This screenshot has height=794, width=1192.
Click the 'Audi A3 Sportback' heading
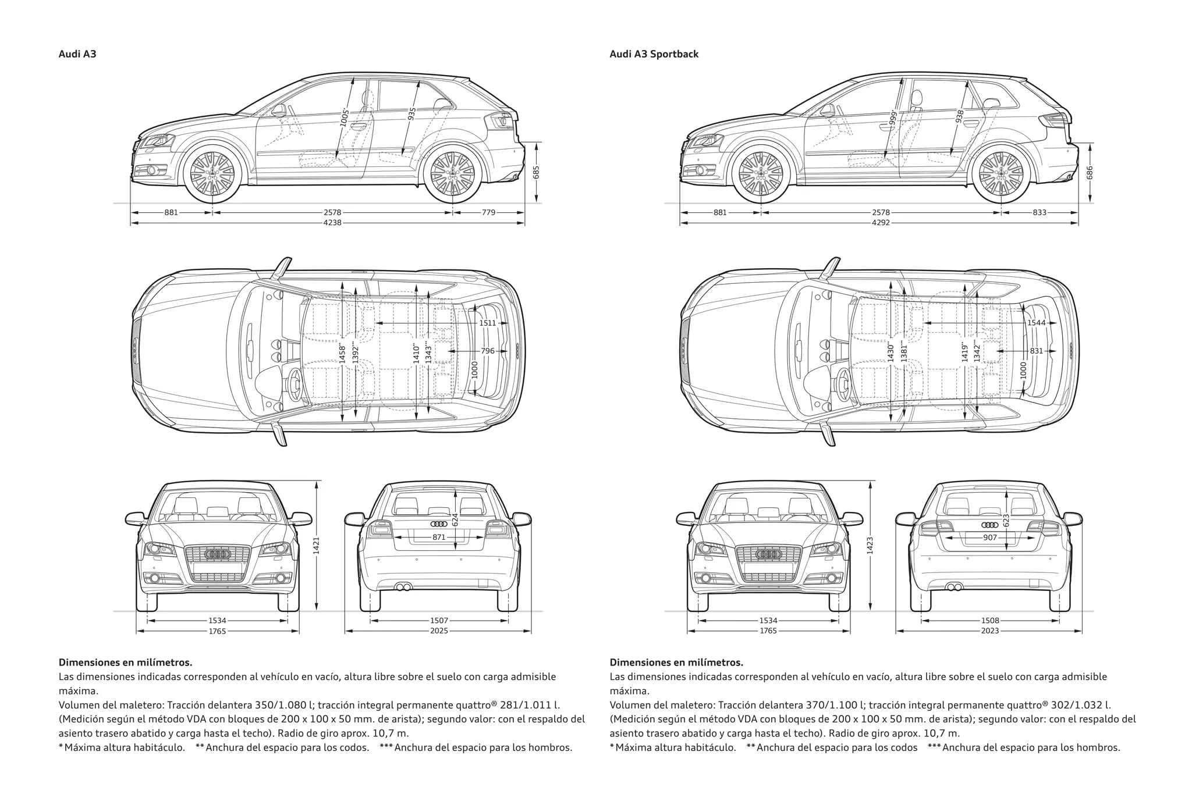pyautogui.click(x=654, y=54)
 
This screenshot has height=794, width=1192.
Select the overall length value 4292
pyautogui.click(x=881, y=223)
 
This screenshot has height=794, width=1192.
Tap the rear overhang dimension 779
pyautogui.click(x=488, y=212)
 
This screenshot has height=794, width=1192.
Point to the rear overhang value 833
pyautogui.click(x=1040, y=212)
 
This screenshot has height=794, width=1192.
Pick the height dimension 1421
pyautogui.click(x=317, y=545)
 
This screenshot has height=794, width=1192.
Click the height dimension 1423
pyautogui.click(x=870, y=545)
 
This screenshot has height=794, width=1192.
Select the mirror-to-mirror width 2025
pyautogui.click(x=439, y=631)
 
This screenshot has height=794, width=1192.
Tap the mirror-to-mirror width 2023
pyautogui.click(x=989, y=631)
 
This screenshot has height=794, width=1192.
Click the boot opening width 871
pyautogui.click(x=439, y=537)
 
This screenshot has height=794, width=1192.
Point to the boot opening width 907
pyautogui.click(x=989, y=537)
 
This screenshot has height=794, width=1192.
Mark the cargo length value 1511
pyautogui.click(x=488, y=323)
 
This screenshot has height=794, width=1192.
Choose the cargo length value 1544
pyautogui.click(x=1036, y=323)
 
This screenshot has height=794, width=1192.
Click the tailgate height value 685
pyautogui.click(x=536, y=172)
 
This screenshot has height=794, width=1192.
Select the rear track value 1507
pyautogui.click(x=439, y=621)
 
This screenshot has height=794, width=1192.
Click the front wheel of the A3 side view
pyautogui.click(x=212, y=173)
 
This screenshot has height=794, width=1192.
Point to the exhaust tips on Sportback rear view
pyautogui.click(x=954, y=587)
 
